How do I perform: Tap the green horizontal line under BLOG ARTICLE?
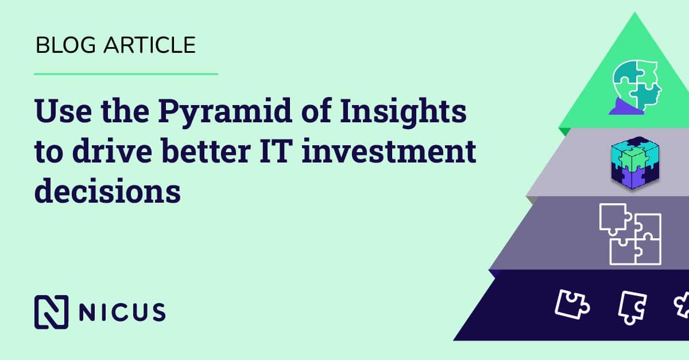pyautogui.click(x=126, y=74)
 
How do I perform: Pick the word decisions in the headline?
pyautogui.click(x=107, y=193)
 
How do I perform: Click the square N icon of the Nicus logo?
pyautogui.click(x=51, y=312)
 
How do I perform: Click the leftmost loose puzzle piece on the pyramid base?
pyautogui.click(x=571, y=303)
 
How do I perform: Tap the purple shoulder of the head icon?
pyautogui.click(x=622, y=107)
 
